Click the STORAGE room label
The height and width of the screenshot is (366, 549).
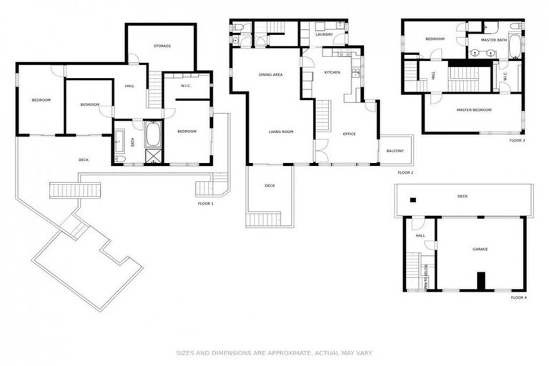point(162,46)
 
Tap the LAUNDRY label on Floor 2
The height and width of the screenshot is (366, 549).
point(324,34)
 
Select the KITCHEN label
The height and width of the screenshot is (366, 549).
point(332,72)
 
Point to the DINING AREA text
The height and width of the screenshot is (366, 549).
point(271,74)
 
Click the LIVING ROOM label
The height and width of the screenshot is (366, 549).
point(281,132)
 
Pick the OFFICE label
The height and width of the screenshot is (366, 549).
point(349,134)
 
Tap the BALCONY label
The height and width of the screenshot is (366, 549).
point(395,151)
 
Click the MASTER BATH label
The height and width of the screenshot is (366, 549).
point(493,39)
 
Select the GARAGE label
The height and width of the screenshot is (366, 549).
point(480,249)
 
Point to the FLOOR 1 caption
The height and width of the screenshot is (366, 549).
point(206,204)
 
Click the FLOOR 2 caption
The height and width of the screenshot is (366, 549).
point(406,172)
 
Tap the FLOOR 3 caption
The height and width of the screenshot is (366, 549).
point(517,141)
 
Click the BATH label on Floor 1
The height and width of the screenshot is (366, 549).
point(132,141)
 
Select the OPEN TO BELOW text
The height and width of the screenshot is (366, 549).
point(427,277)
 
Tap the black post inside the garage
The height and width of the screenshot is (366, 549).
point(481,281)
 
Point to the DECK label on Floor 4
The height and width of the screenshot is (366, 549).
point(463,195)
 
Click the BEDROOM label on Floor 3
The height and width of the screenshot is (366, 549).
point(435,39)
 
